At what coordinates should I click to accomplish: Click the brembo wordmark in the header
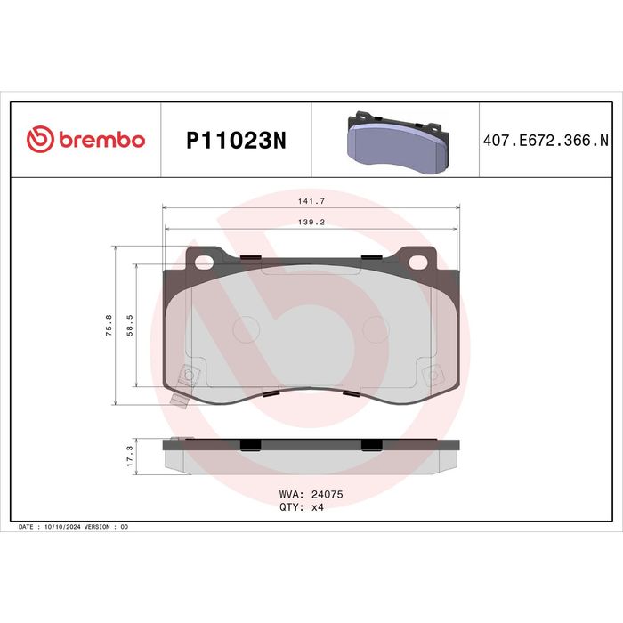pyautogui.click(x=102, y=140)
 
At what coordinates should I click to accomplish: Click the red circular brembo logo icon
pyautogui.click(x=40, y=139)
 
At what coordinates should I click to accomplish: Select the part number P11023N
pyautogui.click(x=236, y=141)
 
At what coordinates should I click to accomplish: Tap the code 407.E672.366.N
pyautogui.click(x=546, y=141)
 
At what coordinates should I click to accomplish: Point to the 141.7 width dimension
pyautogui.click(x=311, y=201)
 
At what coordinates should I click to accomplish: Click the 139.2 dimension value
pyautogui.click(x=311, y=222)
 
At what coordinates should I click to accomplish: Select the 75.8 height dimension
pyautogui.click(x=109, y=326)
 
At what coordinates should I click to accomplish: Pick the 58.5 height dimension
pyautogui.click(x=130, y=326)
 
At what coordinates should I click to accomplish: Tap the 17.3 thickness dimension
pyautogui.click(x=130, y=456)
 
